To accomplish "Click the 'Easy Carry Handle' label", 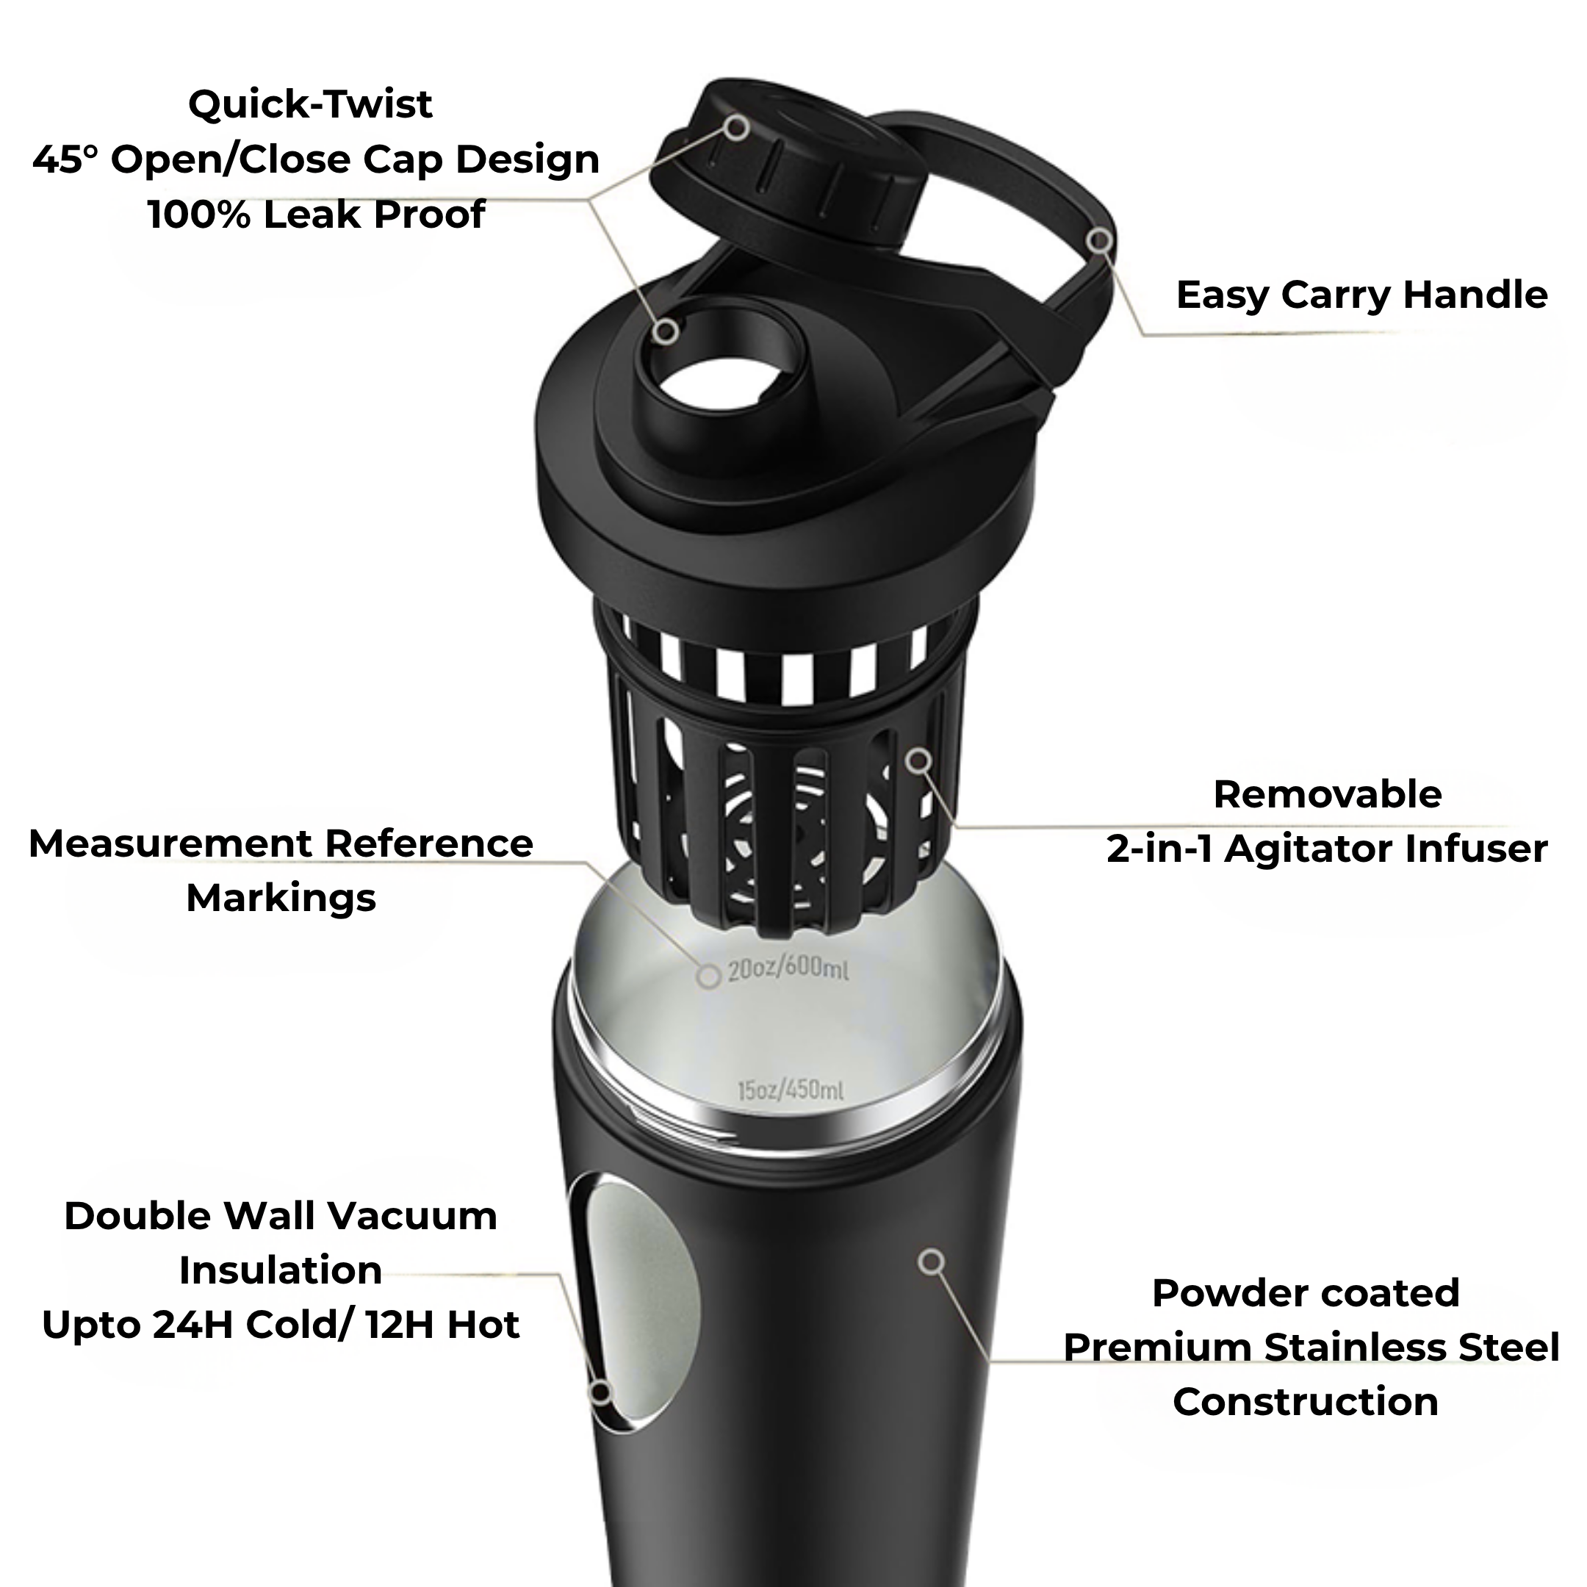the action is coord(1361,295).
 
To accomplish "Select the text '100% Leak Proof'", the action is coord(316,215).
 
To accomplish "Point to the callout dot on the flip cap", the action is coord(738,127).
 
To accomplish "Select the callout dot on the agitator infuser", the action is coord(920,760).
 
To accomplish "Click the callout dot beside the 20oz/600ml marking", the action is coord(708,976).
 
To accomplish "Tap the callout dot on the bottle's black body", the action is coord(931,1262).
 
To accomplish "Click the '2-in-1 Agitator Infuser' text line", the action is coord(1327,849).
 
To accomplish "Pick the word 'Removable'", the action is coord(1328,794).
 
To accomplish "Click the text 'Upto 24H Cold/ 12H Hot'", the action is coord(281,1325).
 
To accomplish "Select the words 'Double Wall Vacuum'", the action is coord(281,1216).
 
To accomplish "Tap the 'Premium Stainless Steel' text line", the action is coord(1311,1347).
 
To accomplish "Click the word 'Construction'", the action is coord(1306,1401).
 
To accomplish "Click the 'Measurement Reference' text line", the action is coord(281,843).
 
